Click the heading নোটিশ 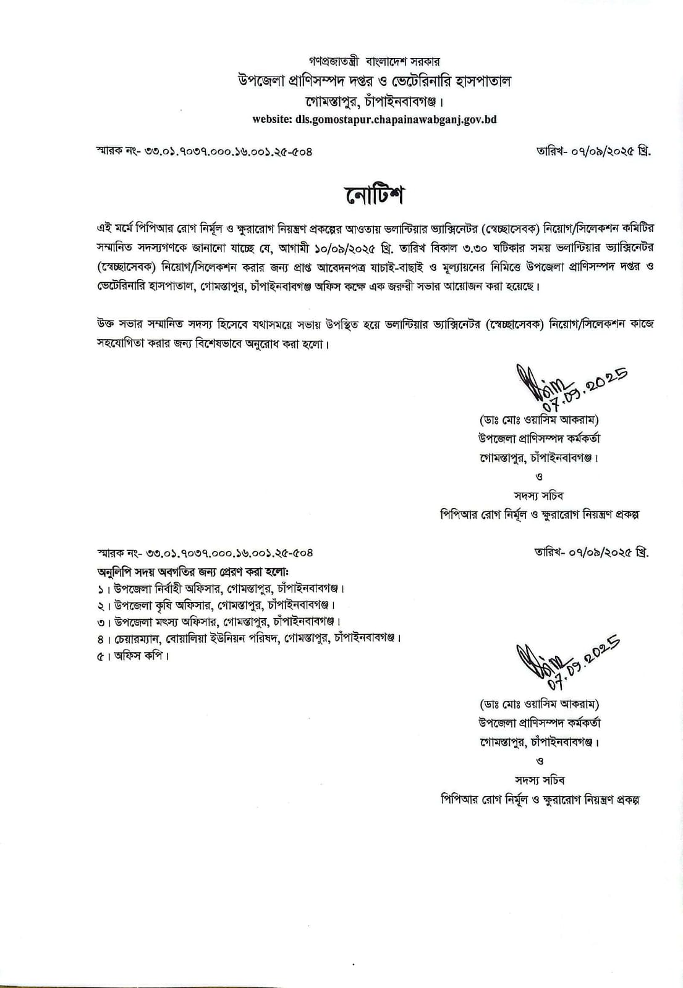374,196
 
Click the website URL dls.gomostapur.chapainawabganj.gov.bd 374,119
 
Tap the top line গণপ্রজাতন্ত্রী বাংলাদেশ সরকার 374,62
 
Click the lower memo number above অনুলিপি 205,553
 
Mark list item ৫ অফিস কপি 133,655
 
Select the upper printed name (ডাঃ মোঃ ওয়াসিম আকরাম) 539,420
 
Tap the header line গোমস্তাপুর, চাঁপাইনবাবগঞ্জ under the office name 374,101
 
